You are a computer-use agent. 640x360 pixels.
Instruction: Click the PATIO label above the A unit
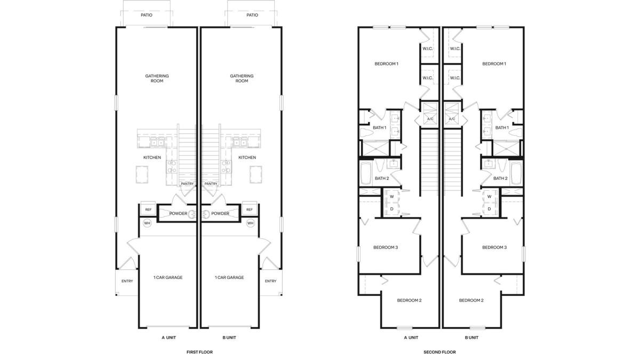pos(147,15)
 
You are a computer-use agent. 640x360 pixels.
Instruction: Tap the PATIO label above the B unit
pos(252,15)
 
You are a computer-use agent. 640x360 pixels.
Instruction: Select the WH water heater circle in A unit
pos(147,223)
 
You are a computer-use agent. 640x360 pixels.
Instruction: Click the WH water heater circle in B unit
pos(251,223)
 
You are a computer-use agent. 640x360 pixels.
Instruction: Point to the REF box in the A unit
pos(148,209)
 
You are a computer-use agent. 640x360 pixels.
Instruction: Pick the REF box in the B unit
pos(250,209)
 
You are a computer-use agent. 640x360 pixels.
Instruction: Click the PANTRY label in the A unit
pos(187,183)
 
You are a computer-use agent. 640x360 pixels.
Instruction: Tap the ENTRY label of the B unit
pos(270,281)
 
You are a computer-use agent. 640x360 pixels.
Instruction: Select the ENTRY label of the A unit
pos(127,281)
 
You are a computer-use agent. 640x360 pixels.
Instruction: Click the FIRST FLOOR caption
pos(199,352)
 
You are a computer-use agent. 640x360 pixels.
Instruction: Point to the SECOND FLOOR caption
pos(439,352)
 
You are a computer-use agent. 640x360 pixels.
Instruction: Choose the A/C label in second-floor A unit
pos(430,119)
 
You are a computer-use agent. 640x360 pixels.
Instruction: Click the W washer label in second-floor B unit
pos(490,197)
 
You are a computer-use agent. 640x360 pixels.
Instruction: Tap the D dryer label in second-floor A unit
pos(391,209)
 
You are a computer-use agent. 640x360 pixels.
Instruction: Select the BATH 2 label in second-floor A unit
pos(382,178)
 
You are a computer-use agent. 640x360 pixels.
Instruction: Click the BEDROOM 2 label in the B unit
pos(471,300)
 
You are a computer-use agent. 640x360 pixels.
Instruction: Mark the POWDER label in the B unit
pos(220,213)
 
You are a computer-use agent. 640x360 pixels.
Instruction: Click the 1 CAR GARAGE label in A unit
pos(168,277)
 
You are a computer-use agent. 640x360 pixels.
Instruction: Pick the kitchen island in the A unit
pos(142,174)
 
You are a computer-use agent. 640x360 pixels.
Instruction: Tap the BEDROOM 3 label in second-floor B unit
pos(494,247)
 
